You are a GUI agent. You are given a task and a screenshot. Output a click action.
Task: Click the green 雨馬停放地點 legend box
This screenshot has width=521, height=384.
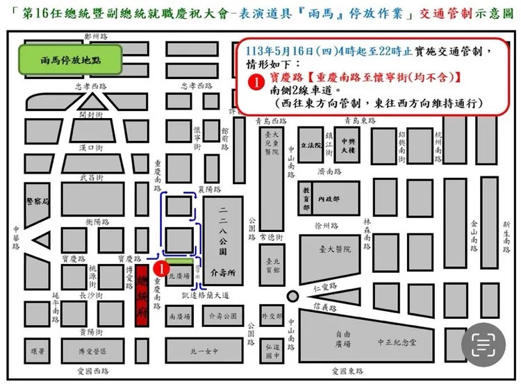[x=70, y=60]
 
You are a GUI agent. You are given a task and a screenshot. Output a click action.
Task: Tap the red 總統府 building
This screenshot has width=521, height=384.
[x=142, y=291]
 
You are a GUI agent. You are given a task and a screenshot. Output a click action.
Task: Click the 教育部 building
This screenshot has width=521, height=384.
[x=306, y=197]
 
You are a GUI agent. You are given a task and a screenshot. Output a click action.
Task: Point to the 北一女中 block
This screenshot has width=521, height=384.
[x=204, y=350]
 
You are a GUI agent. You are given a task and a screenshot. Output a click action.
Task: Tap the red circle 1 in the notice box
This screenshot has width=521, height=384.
[x=256, y=82]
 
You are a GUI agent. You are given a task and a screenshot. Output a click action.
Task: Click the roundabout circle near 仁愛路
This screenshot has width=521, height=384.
[x=292, y=296]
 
